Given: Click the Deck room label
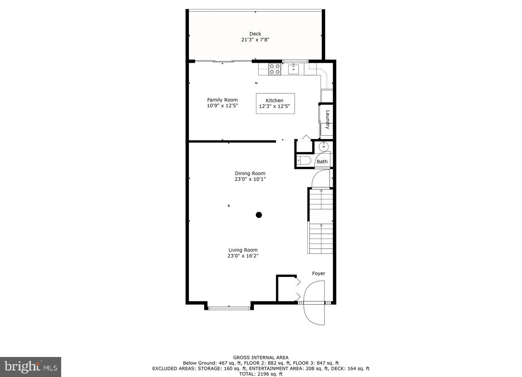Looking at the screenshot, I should [x=255, y=34].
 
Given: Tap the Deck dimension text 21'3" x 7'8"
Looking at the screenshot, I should [x=255, y=40].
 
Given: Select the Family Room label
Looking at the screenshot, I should [x=222, y=100].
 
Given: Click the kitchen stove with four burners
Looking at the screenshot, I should [x=275, y=69].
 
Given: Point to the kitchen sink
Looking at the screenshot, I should [x=293, y=69].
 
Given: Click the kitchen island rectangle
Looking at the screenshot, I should [x=275, y=103].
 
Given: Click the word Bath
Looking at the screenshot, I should [x=322, y=162].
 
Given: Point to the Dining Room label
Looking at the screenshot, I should [x=250, y=173].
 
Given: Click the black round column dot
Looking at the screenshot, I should [x=259, y=214].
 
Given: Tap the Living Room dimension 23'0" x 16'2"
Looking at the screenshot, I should [x=243, y=256].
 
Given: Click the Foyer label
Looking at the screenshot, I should [x=318, y=274].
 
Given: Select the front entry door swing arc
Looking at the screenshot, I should [x=313, y=304].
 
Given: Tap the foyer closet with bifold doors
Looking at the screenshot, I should [x=286, y=288].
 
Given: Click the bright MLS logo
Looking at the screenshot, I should [x=31, y=367].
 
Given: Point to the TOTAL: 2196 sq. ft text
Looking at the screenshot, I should [x=261, y=374].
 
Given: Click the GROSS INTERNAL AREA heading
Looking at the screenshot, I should [x=261, y=357].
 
